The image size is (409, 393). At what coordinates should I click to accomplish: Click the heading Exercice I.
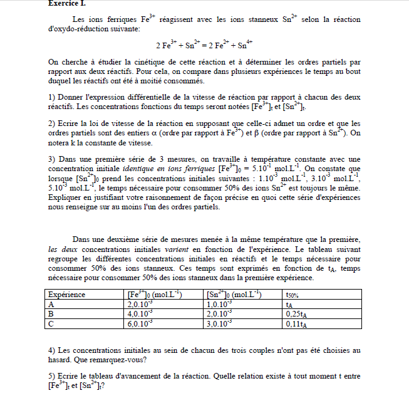(67, 3)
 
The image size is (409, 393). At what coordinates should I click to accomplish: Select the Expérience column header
(67, 294)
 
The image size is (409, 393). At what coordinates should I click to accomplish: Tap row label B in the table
(51, 313)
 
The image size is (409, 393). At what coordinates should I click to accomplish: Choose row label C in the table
(51, 323)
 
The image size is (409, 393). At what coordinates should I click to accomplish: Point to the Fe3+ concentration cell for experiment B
(140, 313)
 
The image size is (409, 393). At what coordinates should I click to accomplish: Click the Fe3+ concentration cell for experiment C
(140, 323)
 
